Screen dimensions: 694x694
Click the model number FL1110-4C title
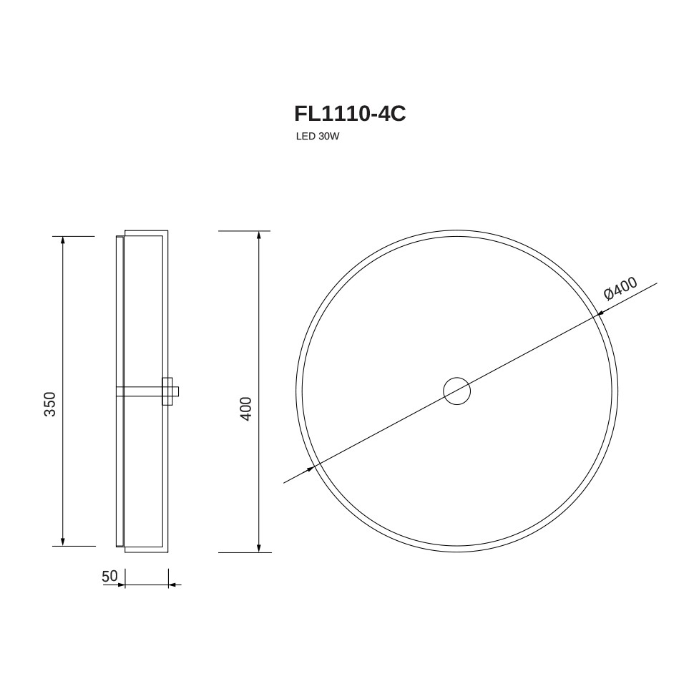click(350, 114)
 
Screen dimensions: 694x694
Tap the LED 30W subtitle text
click(318, 137)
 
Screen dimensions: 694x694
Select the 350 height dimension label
click(50, 404)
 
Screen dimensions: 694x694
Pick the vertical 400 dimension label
click(245, 409)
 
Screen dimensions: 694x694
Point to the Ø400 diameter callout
click(620, 288)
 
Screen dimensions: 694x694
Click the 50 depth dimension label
click(109, 576)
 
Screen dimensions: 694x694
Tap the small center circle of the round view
click(456, 391)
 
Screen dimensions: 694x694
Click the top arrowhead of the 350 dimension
click(63, 240)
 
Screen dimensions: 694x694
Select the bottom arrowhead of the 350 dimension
click(63, 542)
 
